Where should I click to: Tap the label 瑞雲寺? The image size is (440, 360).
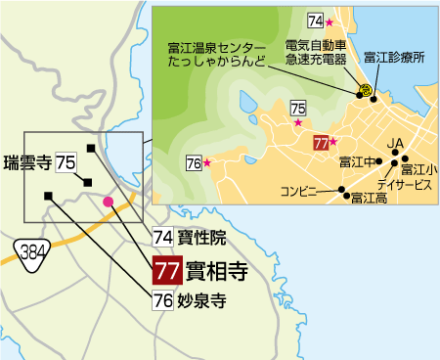pyautogui.click(x=27, y=162)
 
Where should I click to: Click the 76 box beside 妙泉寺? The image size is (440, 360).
pyautogui.click(x=163, y=301)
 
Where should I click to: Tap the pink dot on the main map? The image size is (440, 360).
pyautogui.click(x=108, y=202)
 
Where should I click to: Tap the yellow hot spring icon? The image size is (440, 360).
pyautogui.click(x=364, y=90)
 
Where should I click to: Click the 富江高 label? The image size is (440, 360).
pyautogui.click(x=369, y=199)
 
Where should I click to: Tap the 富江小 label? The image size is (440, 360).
pyautogui.click(x=419, y=169)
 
